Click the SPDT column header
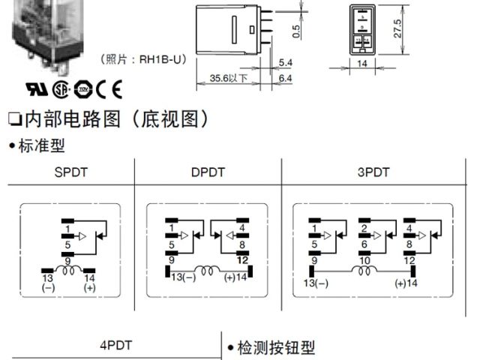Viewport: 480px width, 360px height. [71, 172]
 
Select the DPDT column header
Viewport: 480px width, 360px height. [208, 172]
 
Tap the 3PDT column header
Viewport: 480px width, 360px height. [373, 172]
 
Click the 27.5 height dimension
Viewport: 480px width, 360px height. [399, 28]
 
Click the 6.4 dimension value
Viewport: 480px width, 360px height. [285, 77]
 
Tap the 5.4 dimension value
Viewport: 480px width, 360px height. [285, 62]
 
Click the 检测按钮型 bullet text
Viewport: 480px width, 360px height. [272, 348]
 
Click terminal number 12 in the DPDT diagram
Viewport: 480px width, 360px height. [244, 259]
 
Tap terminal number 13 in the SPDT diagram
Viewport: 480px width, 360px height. [48, 278]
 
